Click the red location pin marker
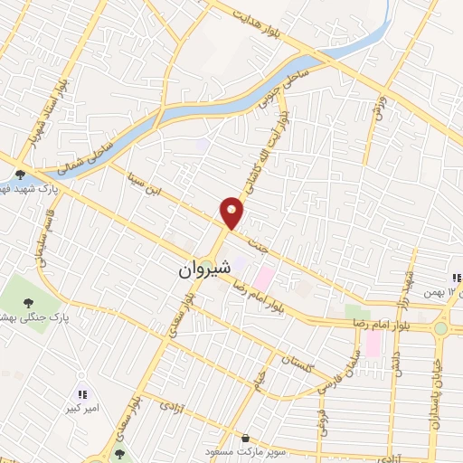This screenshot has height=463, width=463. pos(232,213)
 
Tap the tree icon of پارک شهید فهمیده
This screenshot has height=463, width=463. pos(20,174)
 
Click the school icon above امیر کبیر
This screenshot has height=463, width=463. pos(83,393)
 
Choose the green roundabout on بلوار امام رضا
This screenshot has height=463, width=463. pos(440,328)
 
